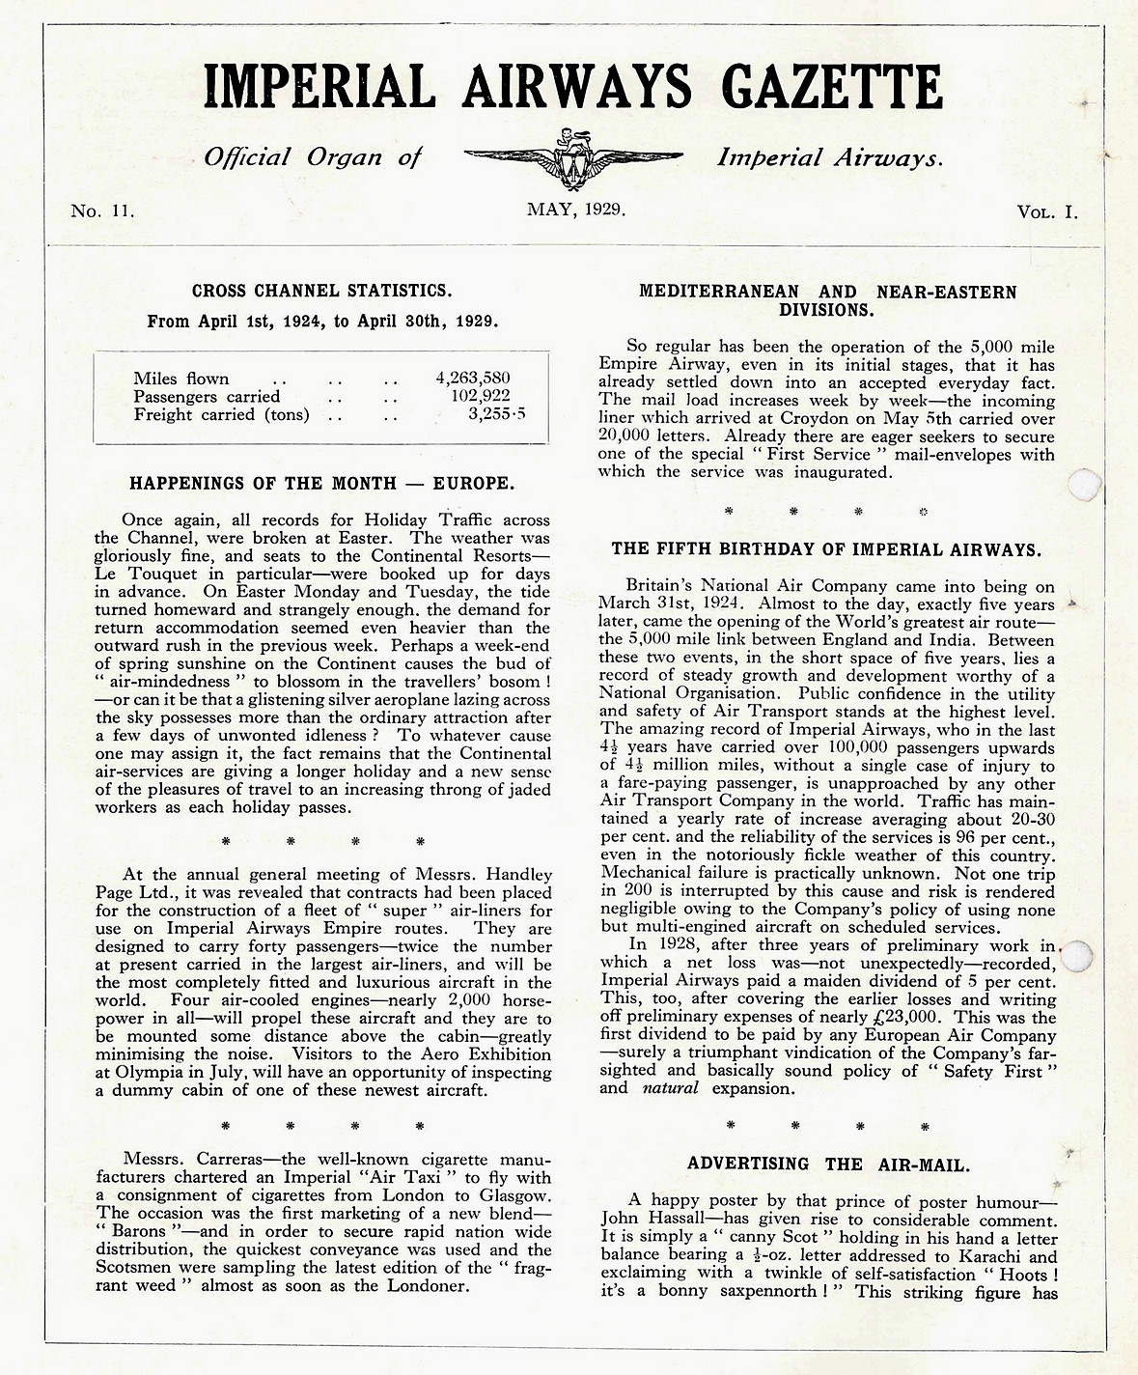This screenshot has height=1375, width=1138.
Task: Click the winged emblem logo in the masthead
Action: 573,158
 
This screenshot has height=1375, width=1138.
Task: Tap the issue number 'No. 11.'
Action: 102,211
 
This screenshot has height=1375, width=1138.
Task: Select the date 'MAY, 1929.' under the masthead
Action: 576,209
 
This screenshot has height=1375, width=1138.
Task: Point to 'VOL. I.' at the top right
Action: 1046,211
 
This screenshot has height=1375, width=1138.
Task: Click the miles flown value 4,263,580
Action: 472,379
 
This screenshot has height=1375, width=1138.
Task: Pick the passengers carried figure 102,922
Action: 480,396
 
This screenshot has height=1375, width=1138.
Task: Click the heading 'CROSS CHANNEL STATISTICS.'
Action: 321,290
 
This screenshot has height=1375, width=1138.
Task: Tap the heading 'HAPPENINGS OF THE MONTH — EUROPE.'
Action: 321,483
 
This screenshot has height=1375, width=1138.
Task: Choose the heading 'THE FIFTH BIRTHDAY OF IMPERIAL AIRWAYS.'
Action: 826,549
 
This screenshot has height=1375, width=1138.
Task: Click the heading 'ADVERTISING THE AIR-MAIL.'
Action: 829,1164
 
